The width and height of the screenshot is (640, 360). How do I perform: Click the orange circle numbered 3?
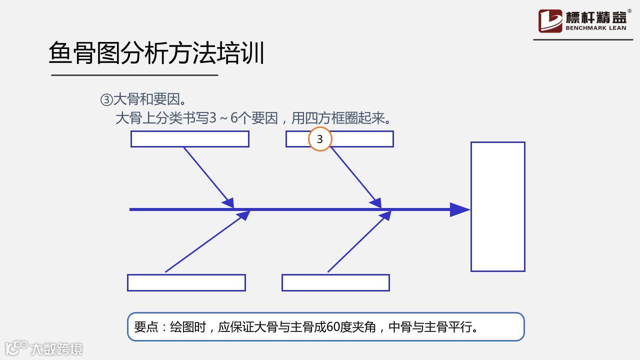point(320,139)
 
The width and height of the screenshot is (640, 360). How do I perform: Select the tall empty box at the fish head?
point(497,206)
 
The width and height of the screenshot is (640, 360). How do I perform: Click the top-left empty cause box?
point(189,139)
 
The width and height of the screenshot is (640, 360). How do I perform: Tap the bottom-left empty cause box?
point(186,282)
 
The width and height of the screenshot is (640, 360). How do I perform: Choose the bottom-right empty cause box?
point(335,282)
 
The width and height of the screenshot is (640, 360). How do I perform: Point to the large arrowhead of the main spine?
point(459,209)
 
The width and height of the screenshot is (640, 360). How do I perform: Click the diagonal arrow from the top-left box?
point(207,176)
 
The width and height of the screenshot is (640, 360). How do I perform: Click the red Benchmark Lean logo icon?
point(550,21)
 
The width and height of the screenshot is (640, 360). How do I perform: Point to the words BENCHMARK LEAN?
point(595,28)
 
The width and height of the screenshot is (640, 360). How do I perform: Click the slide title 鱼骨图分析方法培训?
point(156,53)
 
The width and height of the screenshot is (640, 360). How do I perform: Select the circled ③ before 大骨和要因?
point(106,100)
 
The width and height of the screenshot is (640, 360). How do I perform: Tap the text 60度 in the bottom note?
point(339,327)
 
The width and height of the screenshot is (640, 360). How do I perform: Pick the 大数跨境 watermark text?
point(56,348)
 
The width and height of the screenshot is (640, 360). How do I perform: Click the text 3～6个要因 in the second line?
point(243,118)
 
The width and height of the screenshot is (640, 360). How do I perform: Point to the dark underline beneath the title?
point(134,75)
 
